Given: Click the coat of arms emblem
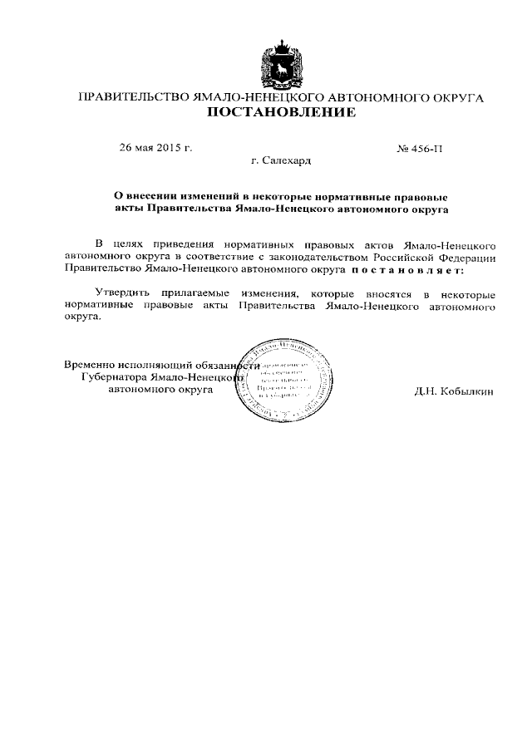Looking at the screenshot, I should (280, 62).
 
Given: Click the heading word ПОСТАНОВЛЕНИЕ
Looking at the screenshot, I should (281, 112).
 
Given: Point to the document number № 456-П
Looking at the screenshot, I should (421, 150).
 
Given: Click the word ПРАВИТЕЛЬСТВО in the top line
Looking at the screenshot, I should (134, 97).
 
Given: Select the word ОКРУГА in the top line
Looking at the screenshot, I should (456, 97).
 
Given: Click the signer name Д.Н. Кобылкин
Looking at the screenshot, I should (453, 391).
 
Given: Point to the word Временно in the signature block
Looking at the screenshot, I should (91, 364).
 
